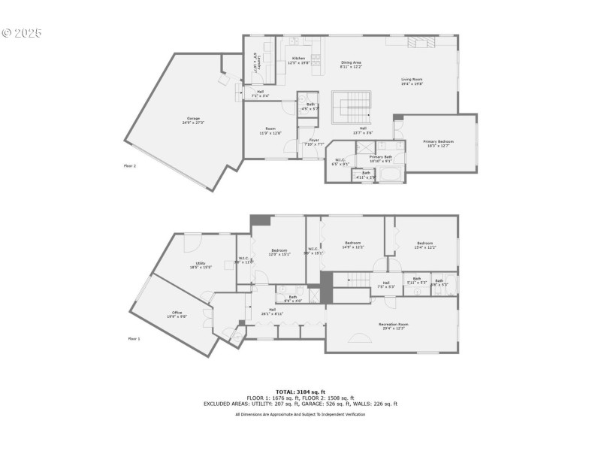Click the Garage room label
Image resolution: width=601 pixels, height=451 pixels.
tap(193, 120)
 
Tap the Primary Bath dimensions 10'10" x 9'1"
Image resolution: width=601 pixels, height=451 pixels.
tap(381, 161)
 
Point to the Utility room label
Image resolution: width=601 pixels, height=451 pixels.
tap(201, 263)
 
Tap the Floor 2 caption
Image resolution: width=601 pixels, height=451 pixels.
tap(130, 165)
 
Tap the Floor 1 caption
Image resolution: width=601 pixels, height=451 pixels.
tap(134, 339)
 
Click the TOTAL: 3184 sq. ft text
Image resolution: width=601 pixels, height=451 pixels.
tap(300, 392)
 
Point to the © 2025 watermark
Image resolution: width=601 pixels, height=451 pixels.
tap(23, 33)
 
